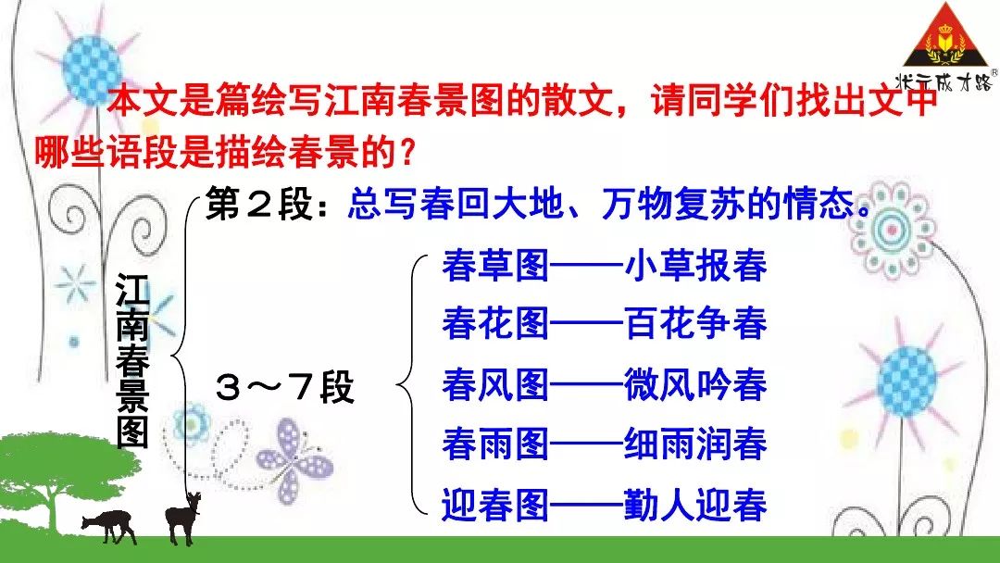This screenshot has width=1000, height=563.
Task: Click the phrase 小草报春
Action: [695, 265]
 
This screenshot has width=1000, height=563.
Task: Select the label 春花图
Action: [495, 324]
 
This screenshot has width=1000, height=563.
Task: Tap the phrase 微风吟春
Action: [695, 384]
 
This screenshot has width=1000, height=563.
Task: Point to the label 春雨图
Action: [495, 444]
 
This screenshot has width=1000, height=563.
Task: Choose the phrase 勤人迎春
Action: [695, 505]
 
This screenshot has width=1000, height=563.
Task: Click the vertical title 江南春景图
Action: [132, 361]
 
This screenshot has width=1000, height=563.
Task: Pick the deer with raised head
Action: [182, 517]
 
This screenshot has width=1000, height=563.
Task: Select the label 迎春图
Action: [495, 505]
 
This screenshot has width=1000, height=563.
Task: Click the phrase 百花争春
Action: [695, 324]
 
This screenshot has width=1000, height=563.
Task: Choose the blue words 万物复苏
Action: [672, 204]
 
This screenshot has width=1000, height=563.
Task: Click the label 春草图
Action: [495, 265]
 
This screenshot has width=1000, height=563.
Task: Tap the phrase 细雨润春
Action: [695, 444]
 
